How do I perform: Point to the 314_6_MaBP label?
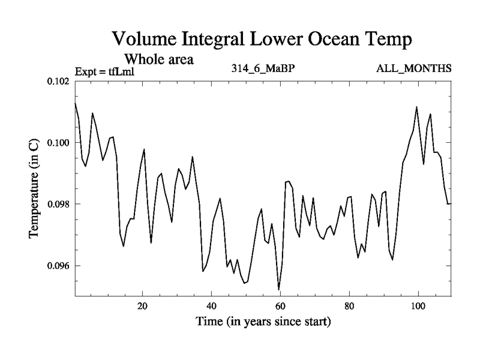point(263,68)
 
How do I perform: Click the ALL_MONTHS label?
point(413,68)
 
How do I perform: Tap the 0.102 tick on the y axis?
point(58,81)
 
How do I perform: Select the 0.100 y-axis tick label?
point(58,143)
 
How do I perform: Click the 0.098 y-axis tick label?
point(58,204)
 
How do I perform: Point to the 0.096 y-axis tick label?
point(58,266)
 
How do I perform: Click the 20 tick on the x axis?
point(142,305)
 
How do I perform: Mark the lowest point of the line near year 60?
point(279,290)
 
